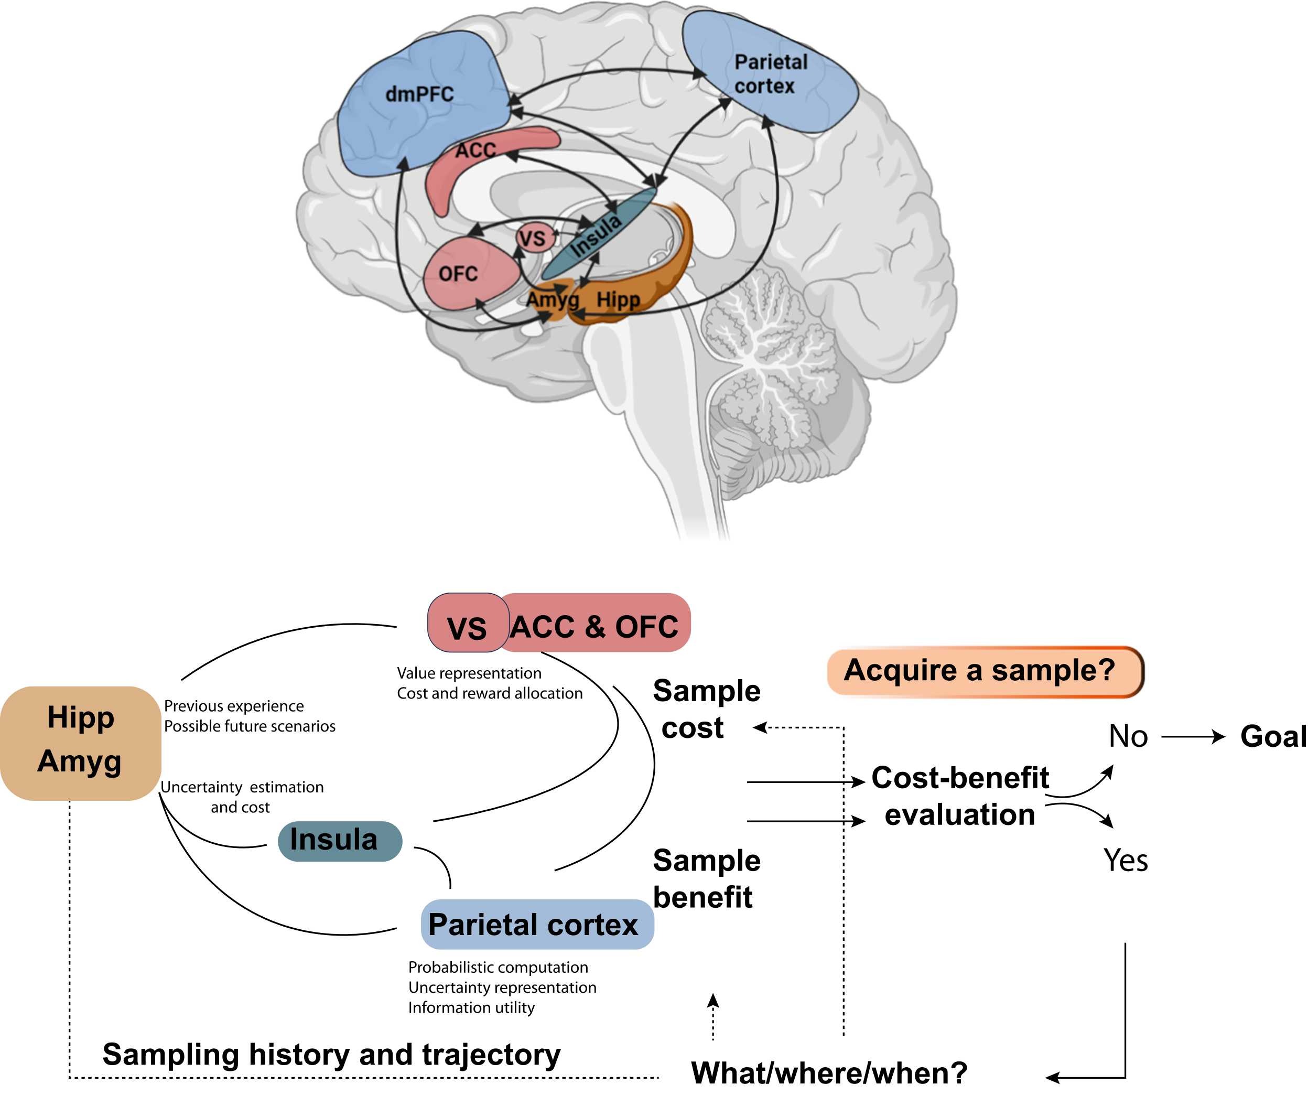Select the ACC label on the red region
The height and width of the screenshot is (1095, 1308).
click(x=475, y=150)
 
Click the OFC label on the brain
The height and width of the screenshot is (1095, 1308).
click(x=458, y=274)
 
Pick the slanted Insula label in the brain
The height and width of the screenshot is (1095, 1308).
click(x=596, y=236)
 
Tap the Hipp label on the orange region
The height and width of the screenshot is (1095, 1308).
click(x=618, y=300)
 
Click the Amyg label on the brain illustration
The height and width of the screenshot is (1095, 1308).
click(x=552, y=300)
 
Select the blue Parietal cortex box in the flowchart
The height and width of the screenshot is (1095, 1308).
click(x=536, y=924)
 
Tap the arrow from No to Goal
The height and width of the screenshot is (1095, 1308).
click(x=1192, y=737)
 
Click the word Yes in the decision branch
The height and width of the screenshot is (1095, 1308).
click(x=1125, y=861)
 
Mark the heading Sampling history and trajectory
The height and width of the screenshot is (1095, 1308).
click(x=331, y=1055)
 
